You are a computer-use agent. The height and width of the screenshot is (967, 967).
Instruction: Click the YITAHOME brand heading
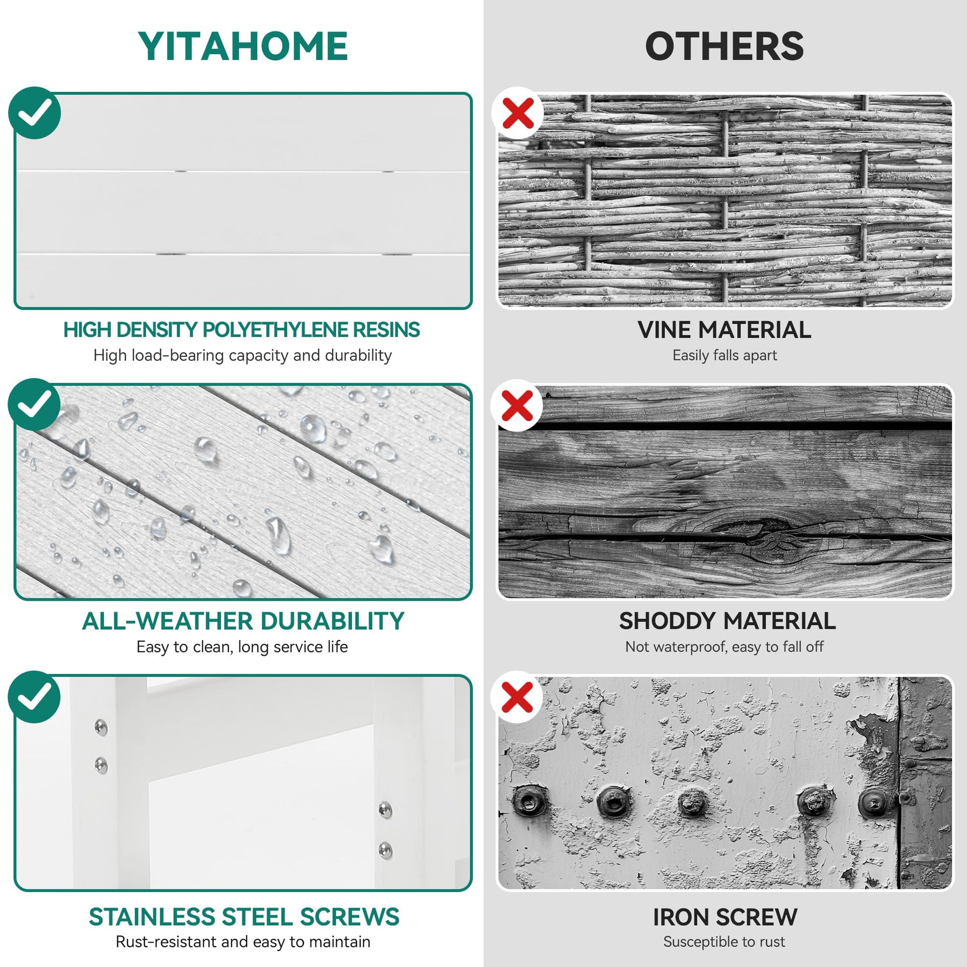tap(243, 46)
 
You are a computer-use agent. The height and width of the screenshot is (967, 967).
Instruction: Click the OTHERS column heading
tap(724, 46)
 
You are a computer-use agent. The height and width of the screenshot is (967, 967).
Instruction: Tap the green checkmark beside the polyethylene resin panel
tap(35, 113)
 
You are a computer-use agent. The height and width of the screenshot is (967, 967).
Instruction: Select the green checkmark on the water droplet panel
tap(35, 404)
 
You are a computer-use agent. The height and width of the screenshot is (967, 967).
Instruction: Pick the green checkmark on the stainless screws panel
tap(35, 696)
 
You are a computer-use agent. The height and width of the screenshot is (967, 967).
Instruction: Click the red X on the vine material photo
tap(517, 113)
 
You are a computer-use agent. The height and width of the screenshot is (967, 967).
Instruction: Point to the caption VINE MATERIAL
tap(724, 330)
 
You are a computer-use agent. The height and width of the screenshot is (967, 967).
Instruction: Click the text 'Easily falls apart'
tap(724, 355)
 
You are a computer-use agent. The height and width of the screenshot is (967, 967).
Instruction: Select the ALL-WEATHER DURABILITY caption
tap(243, 621)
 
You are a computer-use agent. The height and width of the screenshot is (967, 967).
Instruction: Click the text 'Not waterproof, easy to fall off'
tap(724, 646)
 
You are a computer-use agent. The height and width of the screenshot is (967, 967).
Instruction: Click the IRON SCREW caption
tap(725, 917)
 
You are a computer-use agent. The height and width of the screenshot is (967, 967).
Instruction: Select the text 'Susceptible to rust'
tap(724, 942)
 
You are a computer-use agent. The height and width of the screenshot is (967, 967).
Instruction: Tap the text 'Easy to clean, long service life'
tap(242, 646)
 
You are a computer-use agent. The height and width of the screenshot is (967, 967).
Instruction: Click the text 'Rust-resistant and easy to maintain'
tap(243, 942)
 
